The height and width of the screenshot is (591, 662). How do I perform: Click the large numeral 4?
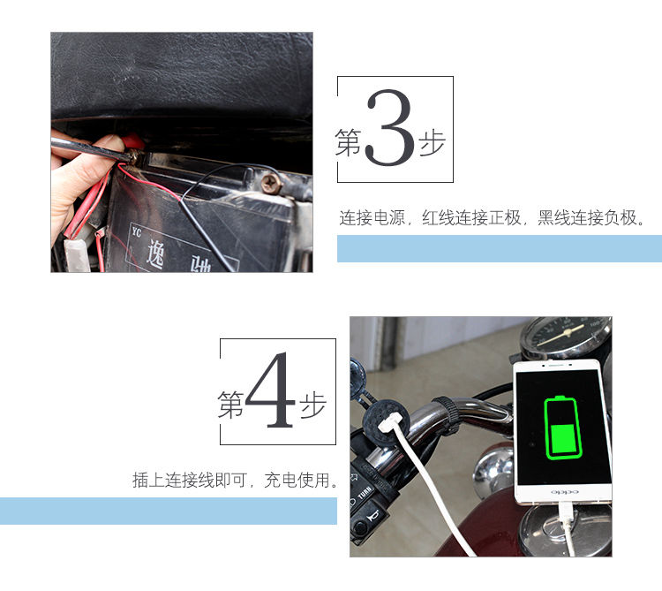(x=270, y=390)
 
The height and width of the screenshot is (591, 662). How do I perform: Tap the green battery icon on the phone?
(x=562, y=428)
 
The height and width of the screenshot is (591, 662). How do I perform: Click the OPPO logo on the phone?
(x=564, y=492)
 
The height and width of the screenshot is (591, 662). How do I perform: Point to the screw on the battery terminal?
(x=271, y=184)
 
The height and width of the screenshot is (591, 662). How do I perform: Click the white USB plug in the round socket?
(x=387, y=424)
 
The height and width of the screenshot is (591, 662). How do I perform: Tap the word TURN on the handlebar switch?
(x=365, y=492)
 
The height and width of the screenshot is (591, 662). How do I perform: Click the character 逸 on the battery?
(x=154, y=254)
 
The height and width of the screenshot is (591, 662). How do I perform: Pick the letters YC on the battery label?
(x=136, y=231)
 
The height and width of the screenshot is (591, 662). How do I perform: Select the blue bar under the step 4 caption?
(x=169, y=511)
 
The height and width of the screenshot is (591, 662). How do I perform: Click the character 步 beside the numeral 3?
(x=432, y=143)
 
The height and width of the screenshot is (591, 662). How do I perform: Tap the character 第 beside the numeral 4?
(x=231, y=405)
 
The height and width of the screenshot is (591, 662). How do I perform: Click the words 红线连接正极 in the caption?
(x=471, y=217)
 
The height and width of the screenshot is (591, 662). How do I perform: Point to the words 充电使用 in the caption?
(x=297, y=480)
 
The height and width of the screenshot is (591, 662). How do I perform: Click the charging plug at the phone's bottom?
(x=566, y=512)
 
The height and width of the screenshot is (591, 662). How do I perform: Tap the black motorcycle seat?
(x=182, y=76)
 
